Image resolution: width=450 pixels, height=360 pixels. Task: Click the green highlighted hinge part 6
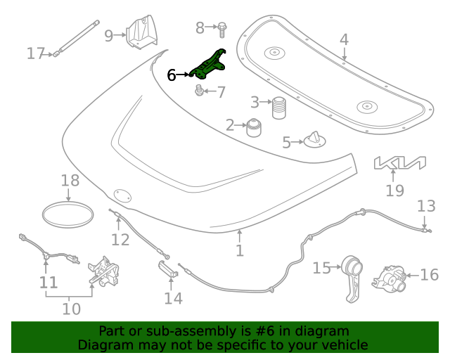(x=208, y=65)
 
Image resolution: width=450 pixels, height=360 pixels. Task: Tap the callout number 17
(x=36, y=53)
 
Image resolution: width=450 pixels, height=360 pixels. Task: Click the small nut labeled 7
(x=199, y=91)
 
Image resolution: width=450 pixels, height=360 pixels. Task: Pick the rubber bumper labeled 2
(x=252, y=129)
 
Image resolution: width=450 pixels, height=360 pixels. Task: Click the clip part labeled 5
(x=314, y=140)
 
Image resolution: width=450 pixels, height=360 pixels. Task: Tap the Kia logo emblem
(x=399, y=163)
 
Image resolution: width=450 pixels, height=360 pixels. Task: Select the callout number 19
(x=395, y=191)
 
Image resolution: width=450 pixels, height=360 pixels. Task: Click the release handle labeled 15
(x=351, y=274)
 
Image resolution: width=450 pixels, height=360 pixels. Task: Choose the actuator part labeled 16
(x=387, y=277)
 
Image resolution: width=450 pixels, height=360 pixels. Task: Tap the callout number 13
(x=426, y=206)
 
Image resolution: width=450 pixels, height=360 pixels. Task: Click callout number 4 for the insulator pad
(x=344, y=40)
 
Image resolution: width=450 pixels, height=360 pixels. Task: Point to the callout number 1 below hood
(x=240, y=250)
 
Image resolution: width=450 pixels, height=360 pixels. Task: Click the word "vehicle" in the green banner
(x=344, y=345)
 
